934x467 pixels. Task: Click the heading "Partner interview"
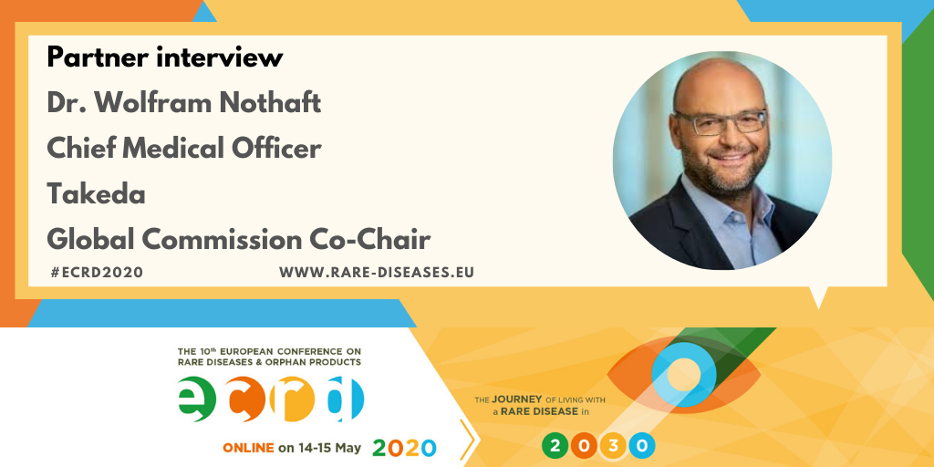pyautogui.click(x=165, y=57)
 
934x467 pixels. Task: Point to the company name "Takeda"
pyautogui.click(x=96, y=194)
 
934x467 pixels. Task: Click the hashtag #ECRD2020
pyautogui.click(x=98, y=273)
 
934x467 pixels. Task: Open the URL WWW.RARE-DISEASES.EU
pyautogui.click(x=377, y=273)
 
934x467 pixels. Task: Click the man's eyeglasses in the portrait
pyautogui.click(x=721, y=121)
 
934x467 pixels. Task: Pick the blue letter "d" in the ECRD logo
pyautogui.click(x=346, y=397)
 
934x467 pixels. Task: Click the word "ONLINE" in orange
pyautogui.click(x=248, y=448)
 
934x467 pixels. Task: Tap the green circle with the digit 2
pyautogui.click(x=555, y=446)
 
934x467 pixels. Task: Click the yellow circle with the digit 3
pyautogui.click(x=613, y=446)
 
